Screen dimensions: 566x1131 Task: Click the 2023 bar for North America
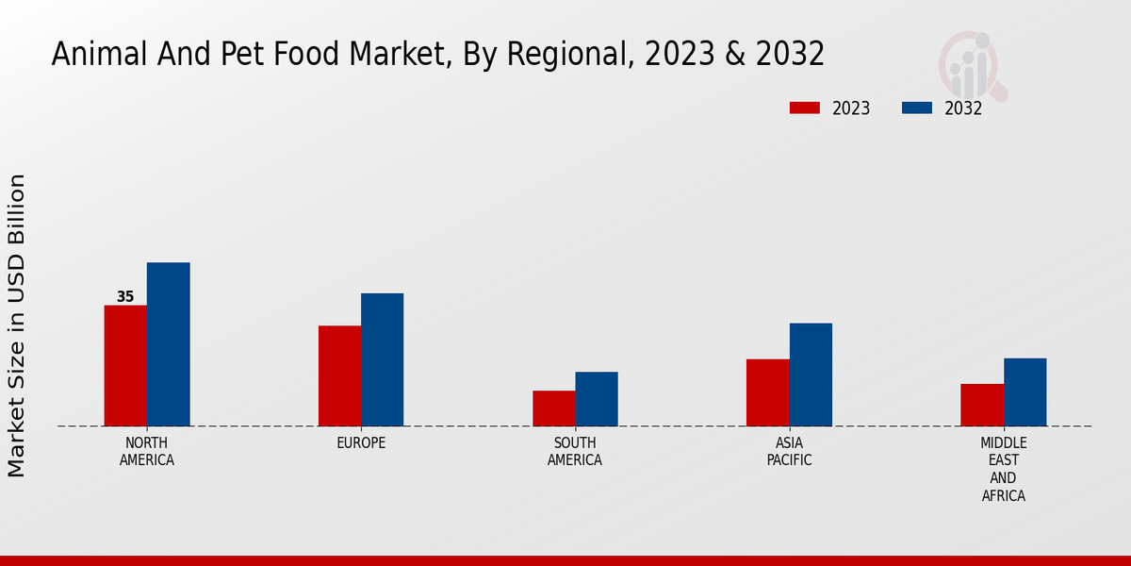pyautogui.click(x=125, y=365)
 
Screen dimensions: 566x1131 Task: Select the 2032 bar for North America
pyautogui.click(x=168, y=344)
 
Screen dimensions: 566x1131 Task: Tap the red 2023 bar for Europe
pyautogui.click(x=339, y=375)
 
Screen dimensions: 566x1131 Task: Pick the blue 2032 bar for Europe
pyautogui.click(x=382, y=359)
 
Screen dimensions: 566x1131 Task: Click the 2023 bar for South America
pyautogui.click(x=553, y=408)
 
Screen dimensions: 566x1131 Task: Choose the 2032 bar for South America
pyautogui.click(x=597, y=398)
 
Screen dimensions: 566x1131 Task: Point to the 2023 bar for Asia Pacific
pyautogui.click(x=767, y=391)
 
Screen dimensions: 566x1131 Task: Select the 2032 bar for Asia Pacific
pyautogui.click(x=811, y=375)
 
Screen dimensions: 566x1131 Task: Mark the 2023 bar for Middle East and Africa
pyautogui.click(x=982, y=405)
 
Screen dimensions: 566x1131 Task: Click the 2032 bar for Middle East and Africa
pyautogui.click(x=1024, y=391)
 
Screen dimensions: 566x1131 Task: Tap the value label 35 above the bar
pyautogui.click(x=125, y=297)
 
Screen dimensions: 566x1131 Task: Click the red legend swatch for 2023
pyautogui.click(x=805, y=108)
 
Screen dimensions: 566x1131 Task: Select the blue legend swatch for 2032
pyautogui.click(x=917, y=108)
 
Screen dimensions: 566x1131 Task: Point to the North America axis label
pyautogui.click(x=147, y=452)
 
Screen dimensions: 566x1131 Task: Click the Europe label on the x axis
pyautogui.click(x=361, y=443)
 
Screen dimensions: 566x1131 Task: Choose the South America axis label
pyautogui.click(x=575, y=452)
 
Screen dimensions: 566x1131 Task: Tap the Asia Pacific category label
pyautogui.click(x=789, y=452)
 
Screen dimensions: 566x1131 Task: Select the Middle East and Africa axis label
pyautogui.click(x=1004, y=469)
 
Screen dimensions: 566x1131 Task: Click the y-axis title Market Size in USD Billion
pyautogui.click(x=17, y=325)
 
